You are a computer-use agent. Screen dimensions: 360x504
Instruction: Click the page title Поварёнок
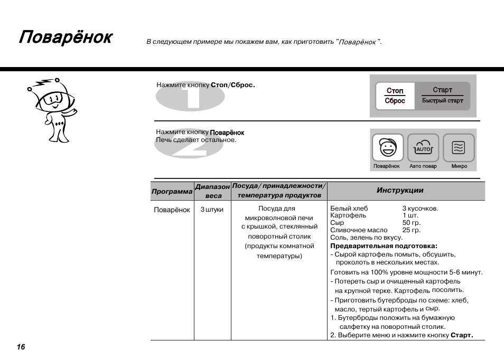(x=66, y=38)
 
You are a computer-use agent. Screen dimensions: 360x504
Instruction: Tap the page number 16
(x=21, y=347)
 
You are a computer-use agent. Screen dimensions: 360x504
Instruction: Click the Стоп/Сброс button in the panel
(x=395, y=96)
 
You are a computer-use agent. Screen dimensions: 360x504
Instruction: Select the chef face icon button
(x=387, y=147)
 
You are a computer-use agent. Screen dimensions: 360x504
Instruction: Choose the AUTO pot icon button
(x=423, y=147)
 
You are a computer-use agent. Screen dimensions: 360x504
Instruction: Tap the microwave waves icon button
(x=459, y=147)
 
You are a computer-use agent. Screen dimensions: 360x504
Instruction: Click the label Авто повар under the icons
(x=423, y=166)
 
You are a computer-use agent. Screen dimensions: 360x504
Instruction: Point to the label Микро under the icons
(x=459, y=166)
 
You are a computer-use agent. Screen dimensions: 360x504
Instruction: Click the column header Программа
(x=172, y=192)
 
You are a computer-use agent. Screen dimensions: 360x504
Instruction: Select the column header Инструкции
(x=400, y=190)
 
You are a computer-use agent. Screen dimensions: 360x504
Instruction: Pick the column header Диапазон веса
(x=212, y=191)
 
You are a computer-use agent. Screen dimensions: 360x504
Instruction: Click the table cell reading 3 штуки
(x=212, y=210)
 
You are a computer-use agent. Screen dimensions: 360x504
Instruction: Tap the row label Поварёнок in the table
(x=172, y=210)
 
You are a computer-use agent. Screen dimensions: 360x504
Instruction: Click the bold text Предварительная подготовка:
(x=384, y=245)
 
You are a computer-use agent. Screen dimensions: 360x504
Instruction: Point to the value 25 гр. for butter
(x=411, y=230)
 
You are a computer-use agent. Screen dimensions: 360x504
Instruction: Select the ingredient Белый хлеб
(x=349, y=209)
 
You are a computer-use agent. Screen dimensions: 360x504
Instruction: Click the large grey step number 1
(x=190, y=97)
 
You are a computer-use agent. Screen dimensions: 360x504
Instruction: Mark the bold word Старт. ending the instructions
(x=461, y=335)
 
